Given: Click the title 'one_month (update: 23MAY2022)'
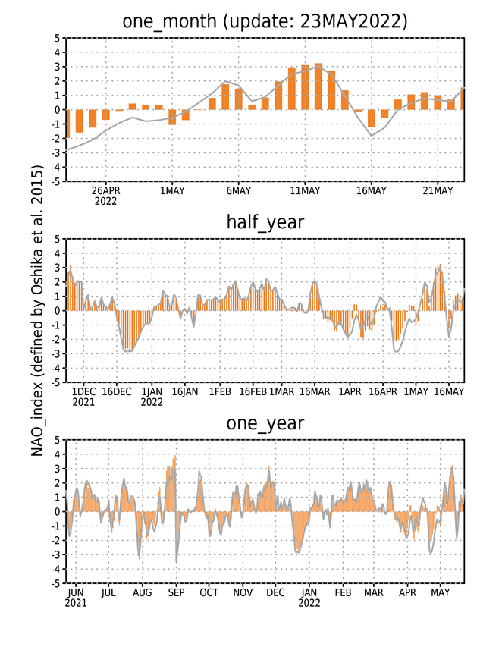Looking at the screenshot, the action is (x=265, y=21).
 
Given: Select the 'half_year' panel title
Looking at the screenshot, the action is (x=265, y=221).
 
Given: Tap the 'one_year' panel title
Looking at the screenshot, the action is (x=265, y=422).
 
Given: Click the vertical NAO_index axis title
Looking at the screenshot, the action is (x=37, y=310).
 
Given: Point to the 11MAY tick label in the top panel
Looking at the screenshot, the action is (x=305, y=190).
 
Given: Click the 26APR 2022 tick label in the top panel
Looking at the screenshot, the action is (x=105, y=196).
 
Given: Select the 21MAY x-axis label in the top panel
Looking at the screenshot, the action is (x=438, y=190).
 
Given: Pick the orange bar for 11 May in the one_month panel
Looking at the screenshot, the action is (x=305, y=87).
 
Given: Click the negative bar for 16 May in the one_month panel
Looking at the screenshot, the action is (x=372, y=118).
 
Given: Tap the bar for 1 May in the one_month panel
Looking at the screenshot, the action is (x=172, y=117).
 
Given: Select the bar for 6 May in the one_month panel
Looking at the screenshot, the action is (x=239, y=99).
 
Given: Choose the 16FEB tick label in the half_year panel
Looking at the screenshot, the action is (x=253, y=391).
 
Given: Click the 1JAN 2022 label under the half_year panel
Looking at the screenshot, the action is (x=152, y=397).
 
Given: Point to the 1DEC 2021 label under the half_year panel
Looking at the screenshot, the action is (x=83, y=397).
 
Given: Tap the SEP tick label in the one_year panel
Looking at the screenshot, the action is (x=176, y=592).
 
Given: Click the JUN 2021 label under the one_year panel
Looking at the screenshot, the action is (x=76, y=598).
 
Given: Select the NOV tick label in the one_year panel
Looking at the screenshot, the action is (x=243, y=592).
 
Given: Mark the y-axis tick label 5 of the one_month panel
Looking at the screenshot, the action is (x=57, y=38).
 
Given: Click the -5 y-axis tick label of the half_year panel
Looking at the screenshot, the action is (x=55, y=382).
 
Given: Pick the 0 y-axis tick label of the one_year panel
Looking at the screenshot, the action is (x=57, y=511).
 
